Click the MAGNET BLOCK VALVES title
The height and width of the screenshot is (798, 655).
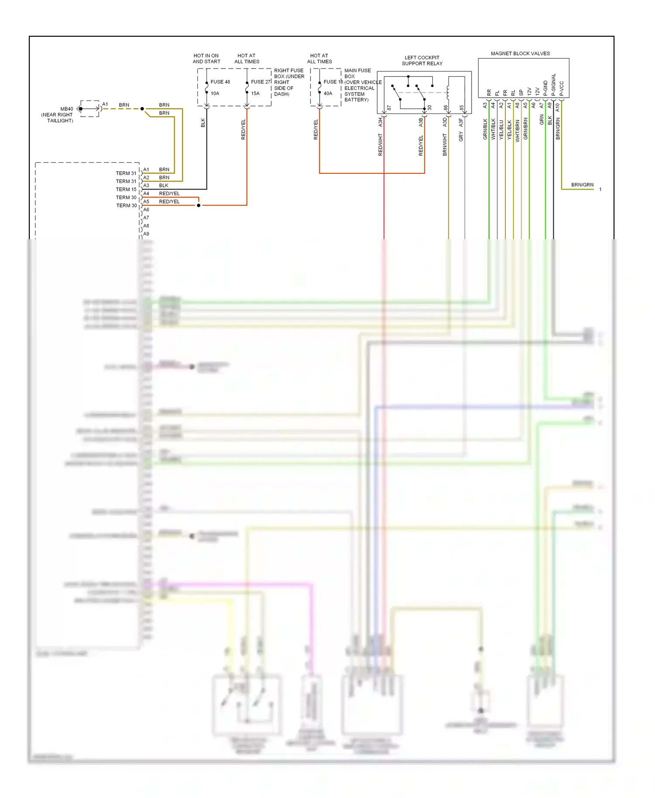520,54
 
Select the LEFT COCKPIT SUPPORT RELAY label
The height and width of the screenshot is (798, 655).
422,61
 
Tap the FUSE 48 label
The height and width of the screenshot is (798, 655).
220,82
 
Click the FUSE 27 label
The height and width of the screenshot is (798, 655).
261,82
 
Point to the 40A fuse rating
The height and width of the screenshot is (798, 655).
328,93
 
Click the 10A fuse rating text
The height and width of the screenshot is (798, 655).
215,93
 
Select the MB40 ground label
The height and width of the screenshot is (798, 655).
67,109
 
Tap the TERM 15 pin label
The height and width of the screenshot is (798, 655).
126,189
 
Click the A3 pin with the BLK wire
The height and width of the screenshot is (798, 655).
146,186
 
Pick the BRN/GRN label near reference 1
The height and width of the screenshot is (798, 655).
582,185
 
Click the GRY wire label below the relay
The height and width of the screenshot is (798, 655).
461,136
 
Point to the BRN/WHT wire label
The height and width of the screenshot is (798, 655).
445,144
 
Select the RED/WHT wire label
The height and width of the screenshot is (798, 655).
380,144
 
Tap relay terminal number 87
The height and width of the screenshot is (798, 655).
389,108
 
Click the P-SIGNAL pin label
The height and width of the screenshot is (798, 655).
553,85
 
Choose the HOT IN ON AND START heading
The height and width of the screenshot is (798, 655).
206,58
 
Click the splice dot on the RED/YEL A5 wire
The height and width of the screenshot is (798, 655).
199,205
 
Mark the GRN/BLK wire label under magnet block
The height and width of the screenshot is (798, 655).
485,129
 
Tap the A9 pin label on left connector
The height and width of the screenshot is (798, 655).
146,234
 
